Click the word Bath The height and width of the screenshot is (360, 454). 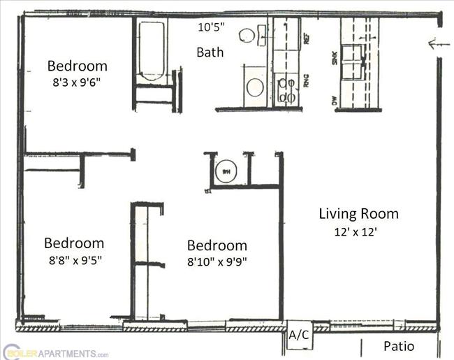(210, 52)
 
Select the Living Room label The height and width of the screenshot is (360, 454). (358, 214)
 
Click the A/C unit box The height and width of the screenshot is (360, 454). (300, 335)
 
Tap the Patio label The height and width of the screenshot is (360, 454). (399, 346)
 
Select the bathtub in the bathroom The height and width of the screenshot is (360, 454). (152, 52)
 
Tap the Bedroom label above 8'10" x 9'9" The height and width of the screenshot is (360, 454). (217, 245)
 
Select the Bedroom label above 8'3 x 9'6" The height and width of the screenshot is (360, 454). (77, 66)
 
